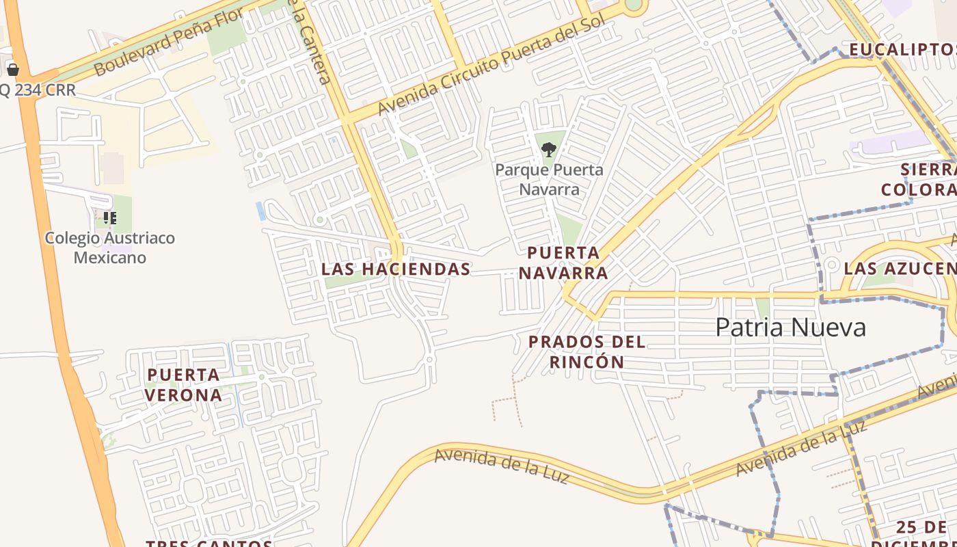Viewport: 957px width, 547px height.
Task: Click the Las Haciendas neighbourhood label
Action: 396,269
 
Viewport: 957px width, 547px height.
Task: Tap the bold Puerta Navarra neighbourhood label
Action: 563,263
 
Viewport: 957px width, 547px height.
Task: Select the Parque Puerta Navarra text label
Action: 549,179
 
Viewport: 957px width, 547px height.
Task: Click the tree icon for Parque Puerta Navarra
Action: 548,150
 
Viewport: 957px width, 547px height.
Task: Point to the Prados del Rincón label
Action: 587,351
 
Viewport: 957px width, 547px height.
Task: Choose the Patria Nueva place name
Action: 790,328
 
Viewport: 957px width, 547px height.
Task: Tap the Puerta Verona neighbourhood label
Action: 184,385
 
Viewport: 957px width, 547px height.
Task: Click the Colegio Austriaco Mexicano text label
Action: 109,248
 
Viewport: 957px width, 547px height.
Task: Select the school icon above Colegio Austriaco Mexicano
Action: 109,218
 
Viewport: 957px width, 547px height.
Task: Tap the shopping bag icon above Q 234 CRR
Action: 12,69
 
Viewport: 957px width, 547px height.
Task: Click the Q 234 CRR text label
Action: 38,90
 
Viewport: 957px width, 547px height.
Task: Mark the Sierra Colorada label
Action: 919,180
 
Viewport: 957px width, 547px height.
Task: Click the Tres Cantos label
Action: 209,543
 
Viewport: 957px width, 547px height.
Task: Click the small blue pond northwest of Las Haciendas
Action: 260,211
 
